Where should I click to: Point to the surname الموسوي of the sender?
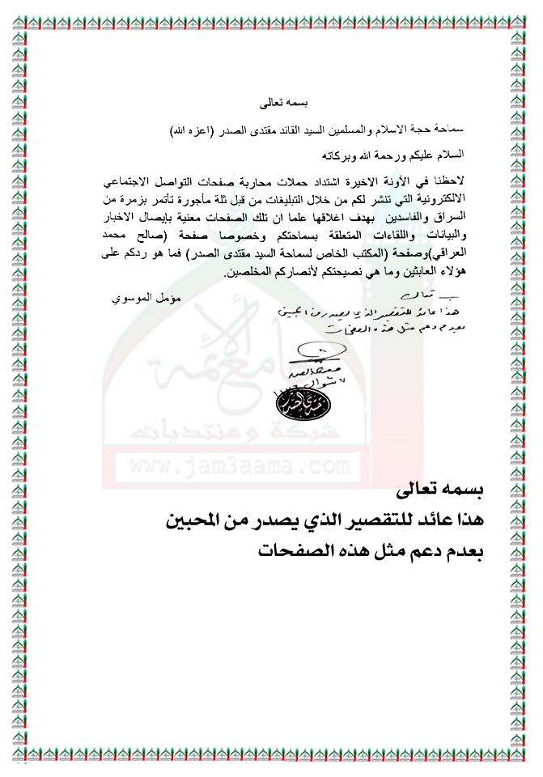tap(134, 299)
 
